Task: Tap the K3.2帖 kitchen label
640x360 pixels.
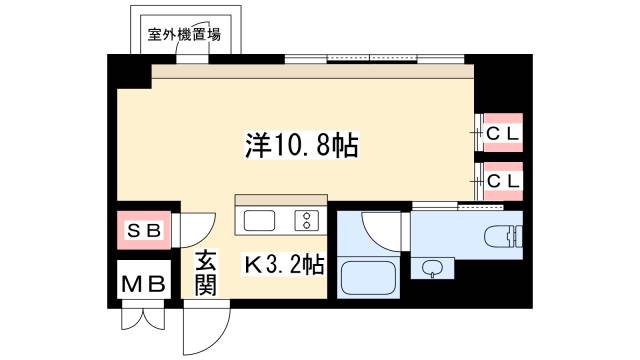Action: [x=284, y=265]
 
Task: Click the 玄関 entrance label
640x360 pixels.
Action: [x=205, y=273]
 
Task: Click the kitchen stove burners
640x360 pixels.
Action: [x=306, y=220]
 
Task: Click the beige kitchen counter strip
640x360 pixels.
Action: [x=280, y=199]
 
